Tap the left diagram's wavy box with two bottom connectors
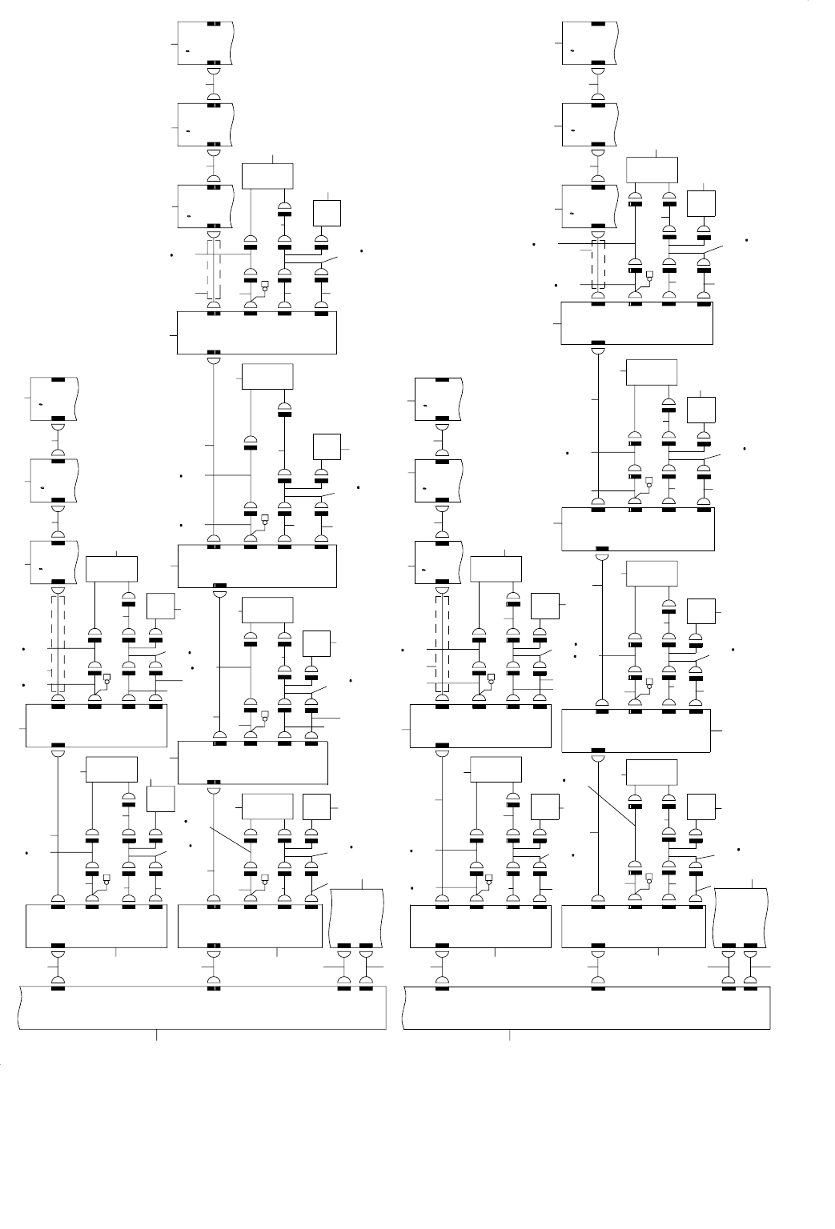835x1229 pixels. (x=357, y=917)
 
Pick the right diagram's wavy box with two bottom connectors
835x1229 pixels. (x=741, y=917)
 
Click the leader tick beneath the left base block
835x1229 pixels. (x=156, y=1035)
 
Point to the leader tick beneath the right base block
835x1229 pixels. (x=510, y=1035)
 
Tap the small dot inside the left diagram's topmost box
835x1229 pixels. (x=188, y=50)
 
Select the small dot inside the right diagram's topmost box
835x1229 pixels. (x=572, y=50)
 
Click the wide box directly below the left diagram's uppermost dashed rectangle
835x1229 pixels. (x=256, y=332)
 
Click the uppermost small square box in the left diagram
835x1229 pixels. (x=327, y=212)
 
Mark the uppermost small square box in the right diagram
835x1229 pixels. (x=701, y=205)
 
